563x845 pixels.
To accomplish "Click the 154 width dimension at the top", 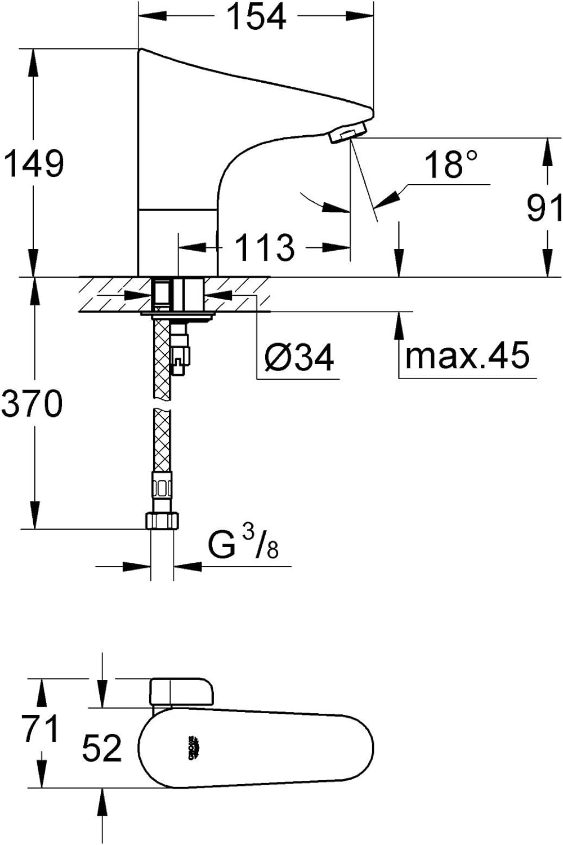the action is (257, 17).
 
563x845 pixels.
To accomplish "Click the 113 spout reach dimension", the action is (265, 247).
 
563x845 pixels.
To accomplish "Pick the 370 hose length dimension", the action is (33, 403).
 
